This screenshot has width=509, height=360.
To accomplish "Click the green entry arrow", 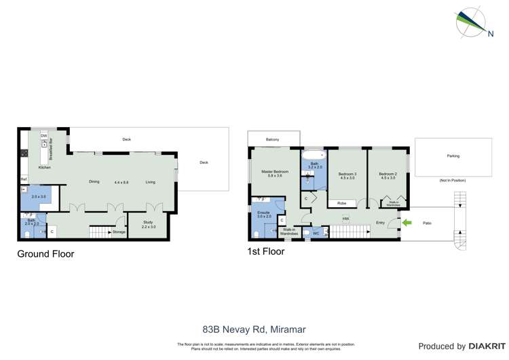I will pos(406,222).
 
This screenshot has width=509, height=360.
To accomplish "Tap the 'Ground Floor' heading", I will pos(45,254).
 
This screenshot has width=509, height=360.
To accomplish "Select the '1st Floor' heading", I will pos(266,251).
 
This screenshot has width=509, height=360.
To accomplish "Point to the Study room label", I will pos(149,222).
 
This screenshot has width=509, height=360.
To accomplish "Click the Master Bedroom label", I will pos(275,172).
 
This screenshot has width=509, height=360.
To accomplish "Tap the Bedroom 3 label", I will pos(347,175).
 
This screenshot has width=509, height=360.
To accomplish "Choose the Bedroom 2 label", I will pos(388,175).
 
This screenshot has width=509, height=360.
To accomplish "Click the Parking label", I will pos(453,156).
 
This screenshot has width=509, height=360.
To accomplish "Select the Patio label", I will pos(427,222).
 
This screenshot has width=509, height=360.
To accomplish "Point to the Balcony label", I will pos(273,140).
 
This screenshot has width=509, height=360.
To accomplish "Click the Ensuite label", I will pos(264,213).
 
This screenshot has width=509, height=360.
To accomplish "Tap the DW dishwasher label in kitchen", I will pos(44,136).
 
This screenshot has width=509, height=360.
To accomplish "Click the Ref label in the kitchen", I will pos(23,179).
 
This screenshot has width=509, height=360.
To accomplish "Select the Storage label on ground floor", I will pos(119,232).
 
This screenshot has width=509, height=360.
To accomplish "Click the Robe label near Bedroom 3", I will pos(342,203).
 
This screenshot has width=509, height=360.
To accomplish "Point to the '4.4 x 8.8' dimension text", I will pos(121,182).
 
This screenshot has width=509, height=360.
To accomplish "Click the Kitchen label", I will pos(44,167).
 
